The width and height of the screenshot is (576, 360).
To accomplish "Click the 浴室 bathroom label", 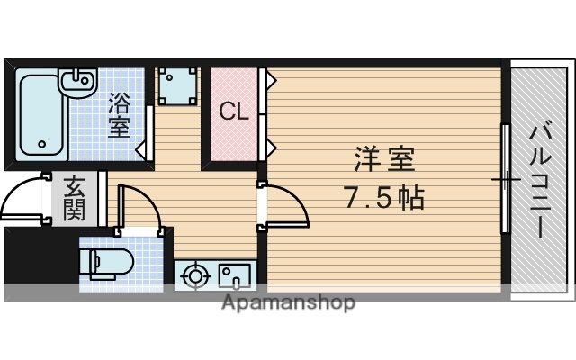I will click(x=118, y=113).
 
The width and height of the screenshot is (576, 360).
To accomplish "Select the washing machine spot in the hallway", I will click(x=177, y=86).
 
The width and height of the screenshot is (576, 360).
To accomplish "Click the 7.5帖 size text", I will click(x=385, y=195).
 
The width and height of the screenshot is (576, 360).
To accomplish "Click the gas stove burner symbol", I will click(x=193, y=274).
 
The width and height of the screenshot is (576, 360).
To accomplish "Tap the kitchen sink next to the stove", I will click(x=237, y=274).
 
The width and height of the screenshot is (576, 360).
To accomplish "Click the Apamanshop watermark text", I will click(x=288, y=302).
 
